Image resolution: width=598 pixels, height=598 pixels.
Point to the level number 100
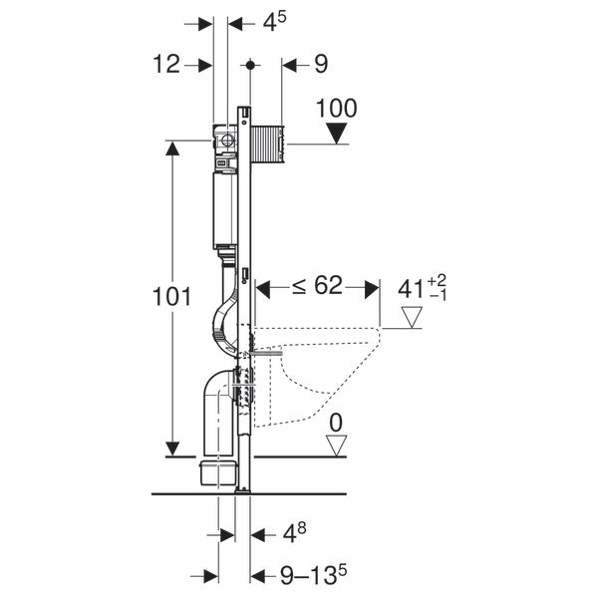(336, 108)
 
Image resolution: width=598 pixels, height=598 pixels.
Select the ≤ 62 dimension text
(316, 288)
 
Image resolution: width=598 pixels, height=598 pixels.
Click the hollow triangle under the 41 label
(411, 317)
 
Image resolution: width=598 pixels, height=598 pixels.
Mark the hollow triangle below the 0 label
(336, 445)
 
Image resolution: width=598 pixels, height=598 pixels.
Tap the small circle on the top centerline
(249, 65)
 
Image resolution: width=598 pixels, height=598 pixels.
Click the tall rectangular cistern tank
(224, 209)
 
